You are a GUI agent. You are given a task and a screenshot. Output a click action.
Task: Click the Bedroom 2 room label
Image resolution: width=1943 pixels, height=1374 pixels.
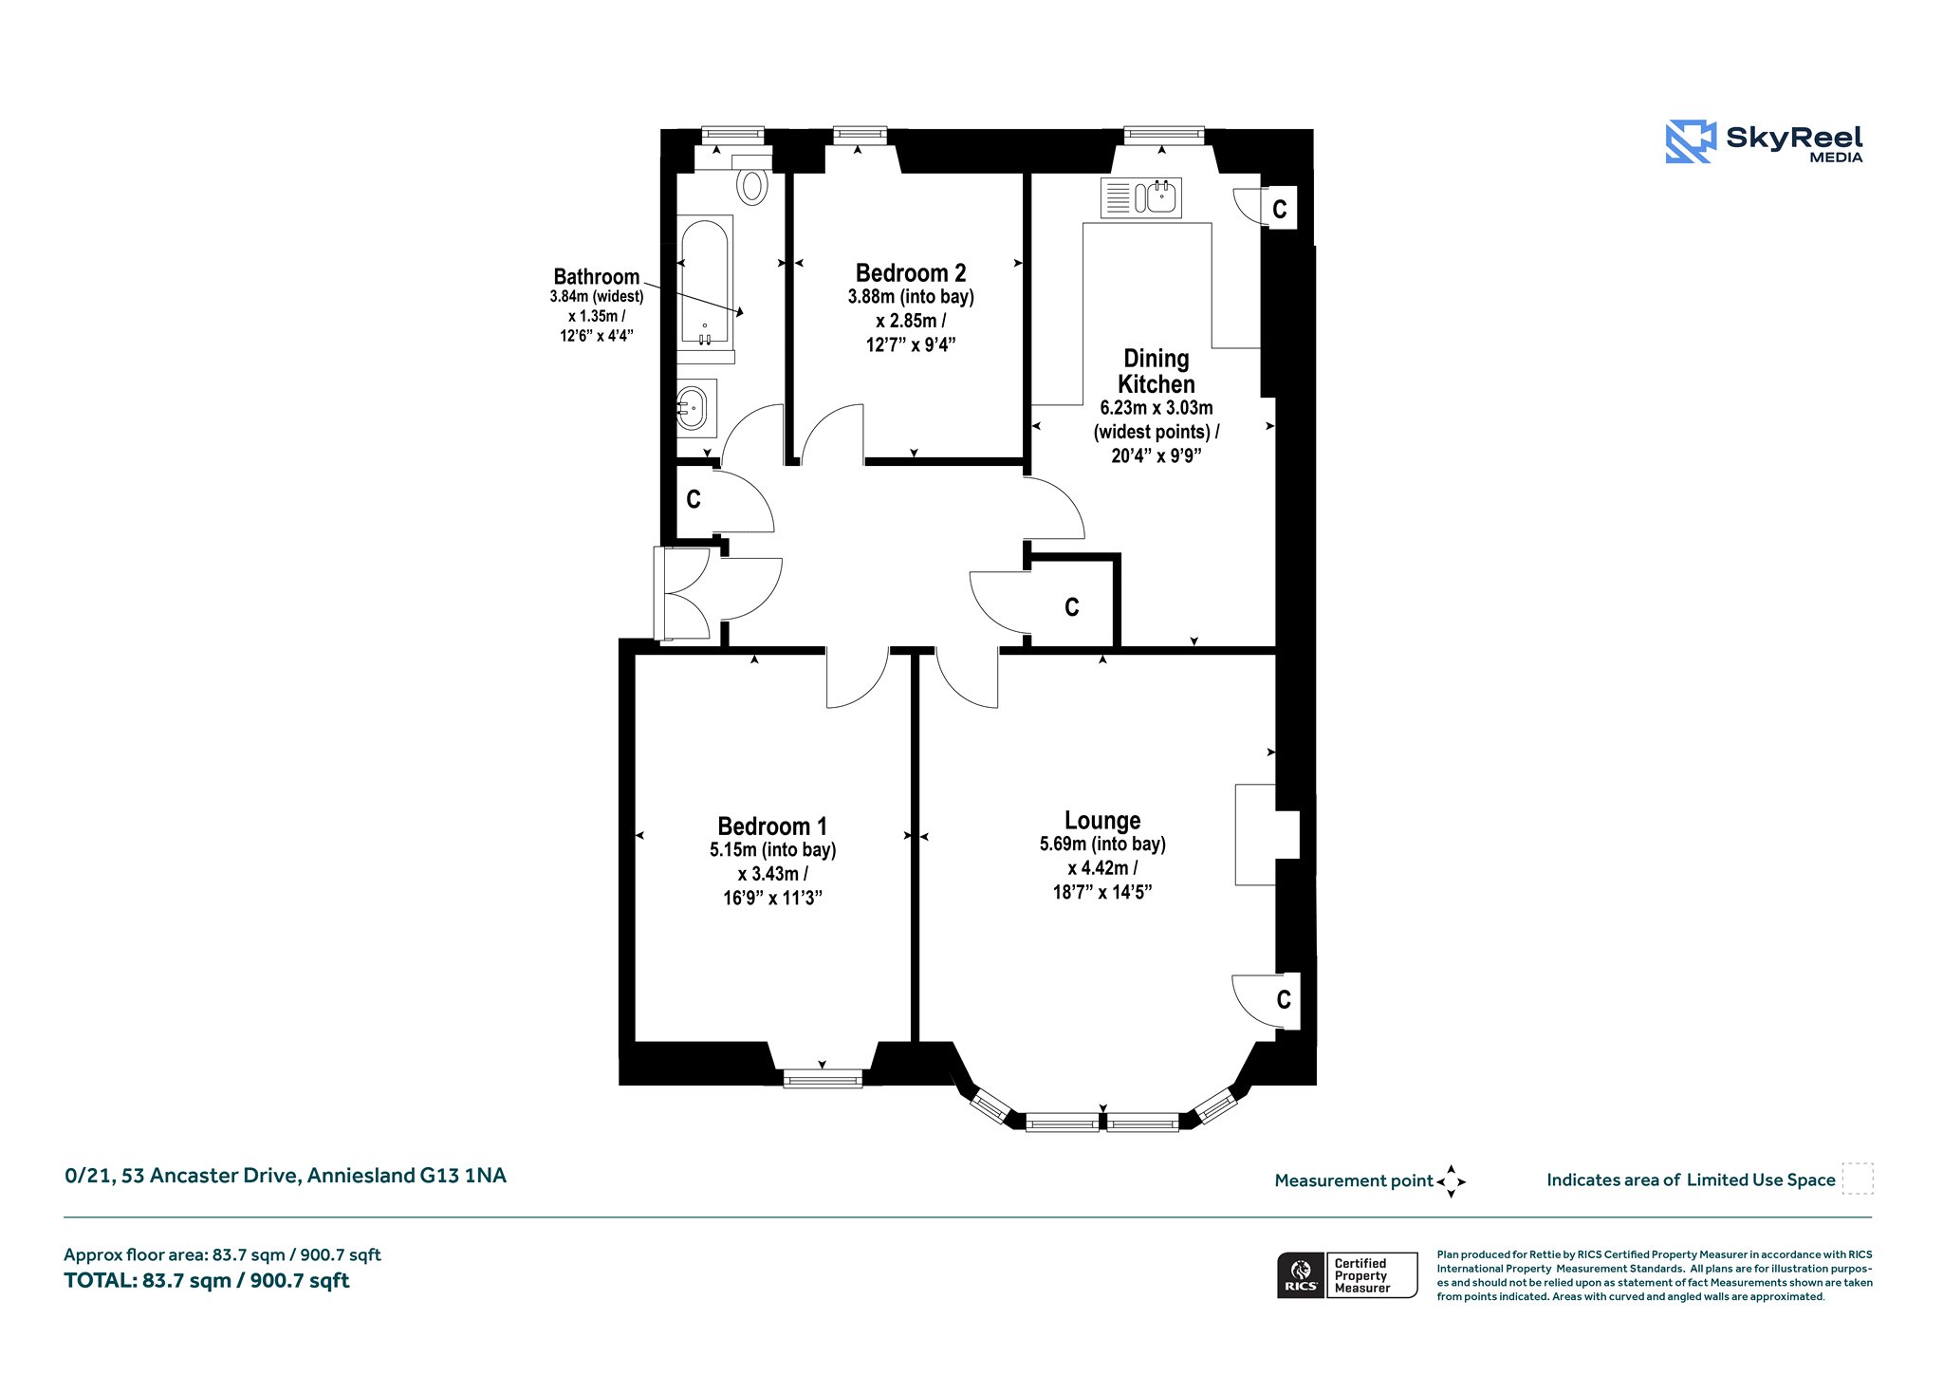click(911, 273)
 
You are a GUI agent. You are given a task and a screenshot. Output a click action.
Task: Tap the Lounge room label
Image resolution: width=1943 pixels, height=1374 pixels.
click(1102, 821)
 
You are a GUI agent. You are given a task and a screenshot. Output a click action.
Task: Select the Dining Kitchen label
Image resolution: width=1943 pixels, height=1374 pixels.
click(1157, 371)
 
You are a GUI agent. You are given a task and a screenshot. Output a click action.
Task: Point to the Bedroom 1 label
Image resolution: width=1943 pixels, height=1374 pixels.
click(772, 826)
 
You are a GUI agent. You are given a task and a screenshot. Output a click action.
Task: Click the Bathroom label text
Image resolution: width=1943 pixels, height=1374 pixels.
click(597, 276)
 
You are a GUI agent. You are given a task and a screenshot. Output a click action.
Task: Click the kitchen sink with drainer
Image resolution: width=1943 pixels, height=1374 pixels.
click(1141, 197)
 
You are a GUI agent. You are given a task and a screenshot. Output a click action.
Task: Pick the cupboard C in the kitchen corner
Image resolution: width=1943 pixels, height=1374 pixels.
click(1280, 209)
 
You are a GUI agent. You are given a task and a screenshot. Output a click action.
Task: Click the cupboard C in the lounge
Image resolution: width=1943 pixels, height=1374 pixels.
click(1284, 999)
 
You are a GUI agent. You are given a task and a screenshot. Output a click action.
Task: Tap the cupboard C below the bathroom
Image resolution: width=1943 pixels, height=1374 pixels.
click(694, 499)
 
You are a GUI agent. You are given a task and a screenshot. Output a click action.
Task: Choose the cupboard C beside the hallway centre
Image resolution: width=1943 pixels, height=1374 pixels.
click(1072, 607)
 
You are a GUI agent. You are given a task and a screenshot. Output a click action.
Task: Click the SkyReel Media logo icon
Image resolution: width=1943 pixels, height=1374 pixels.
click(1691, 141)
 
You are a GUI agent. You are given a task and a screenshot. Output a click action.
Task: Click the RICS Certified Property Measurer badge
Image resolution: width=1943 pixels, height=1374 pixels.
click(1347, 1275)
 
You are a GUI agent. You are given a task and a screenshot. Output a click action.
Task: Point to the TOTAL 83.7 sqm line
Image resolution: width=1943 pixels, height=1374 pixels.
click(207, 1281)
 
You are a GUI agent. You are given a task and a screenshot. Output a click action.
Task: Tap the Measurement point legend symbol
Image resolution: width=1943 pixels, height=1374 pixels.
click(1452, 1181)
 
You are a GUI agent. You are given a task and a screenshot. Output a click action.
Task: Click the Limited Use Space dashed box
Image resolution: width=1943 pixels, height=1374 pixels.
click(1858, 1179)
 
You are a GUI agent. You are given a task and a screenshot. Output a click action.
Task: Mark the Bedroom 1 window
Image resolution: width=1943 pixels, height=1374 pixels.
click(823, 1078)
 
